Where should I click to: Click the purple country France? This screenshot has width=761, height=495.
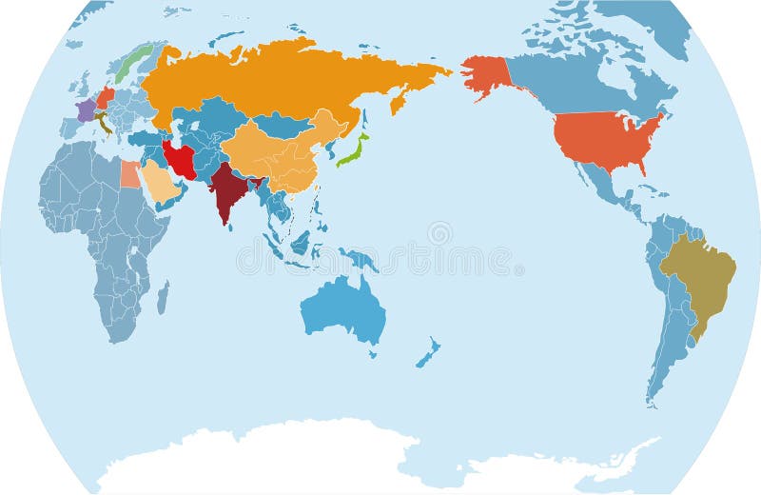(x=86, y=110)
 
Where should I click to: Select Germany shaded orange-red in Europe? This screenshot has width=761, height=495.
(x=105, y=98)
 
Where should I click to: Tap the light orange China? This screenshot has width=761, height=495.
(x=276, y=152)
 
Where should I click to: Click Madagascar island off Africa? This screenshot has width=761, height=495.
(x=163, y=297)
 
